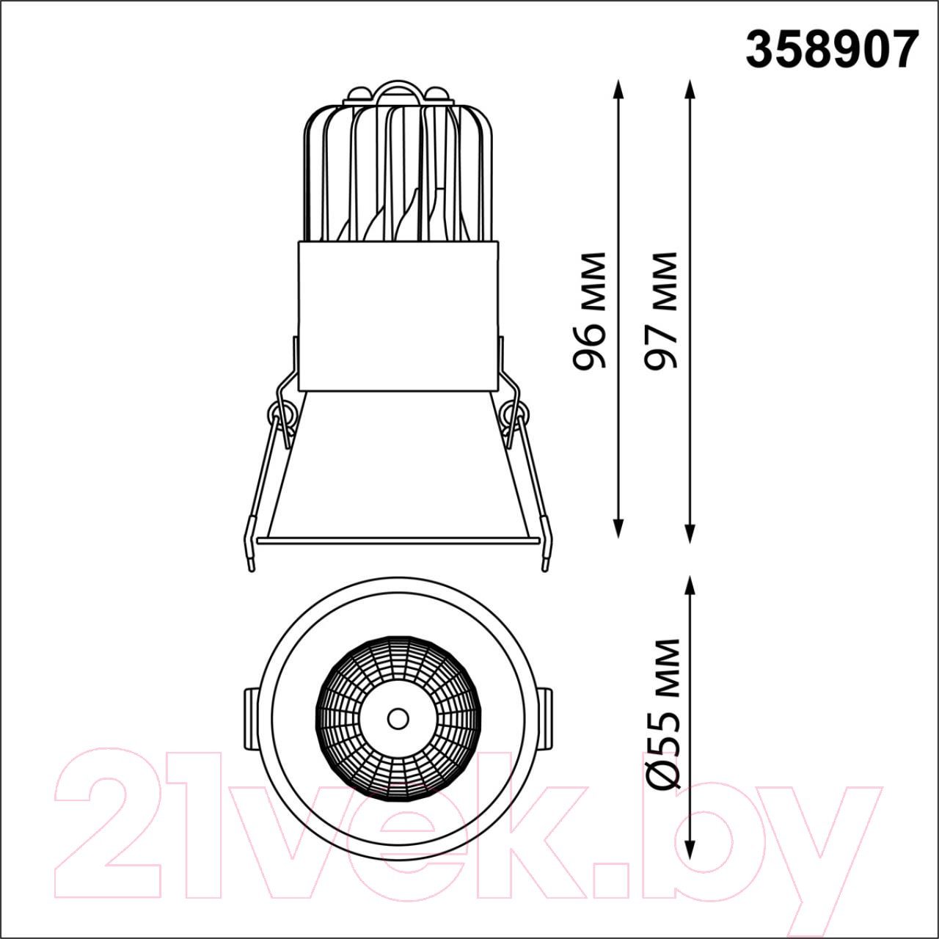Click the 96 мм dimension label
click(589, 311)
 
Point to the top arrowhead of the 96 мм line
click(618, 89)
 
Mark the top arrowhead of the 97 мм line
click(690, 89)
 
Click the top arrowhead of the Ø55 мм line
click(690, 586)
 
